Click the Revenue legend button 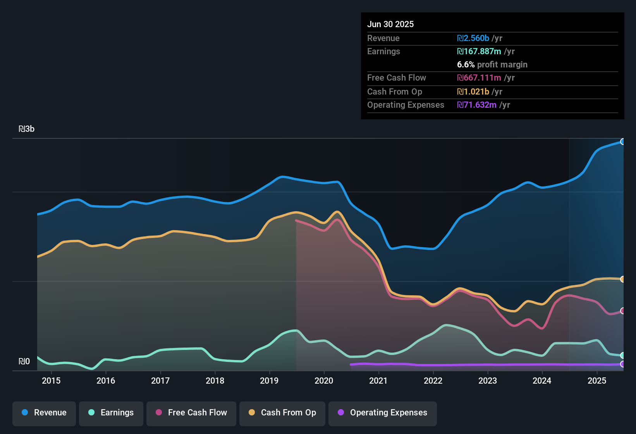click(44, 413)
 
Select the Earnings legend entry click(111, 413)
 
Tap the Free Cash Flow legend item click(191, 413)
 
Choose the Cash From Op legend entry click(282, 413)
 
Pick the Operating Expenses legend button click(383, 413)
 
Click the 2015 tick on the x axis click(51, 381)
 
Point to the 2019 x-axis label click(269, 381)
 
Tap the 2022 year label click(433, 381)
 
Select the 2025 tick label click(597, 381)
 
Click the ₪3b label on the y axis click(27, 129)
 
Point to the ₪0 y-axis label click(24, 362)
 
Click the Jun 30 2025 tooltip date click(390, 24)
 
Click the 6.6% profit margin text click(492, 65)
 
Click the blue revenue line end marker click(622, 142)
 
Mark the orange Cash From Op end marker click(622, 279)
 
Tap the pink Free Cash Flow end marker click(622, 311)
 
